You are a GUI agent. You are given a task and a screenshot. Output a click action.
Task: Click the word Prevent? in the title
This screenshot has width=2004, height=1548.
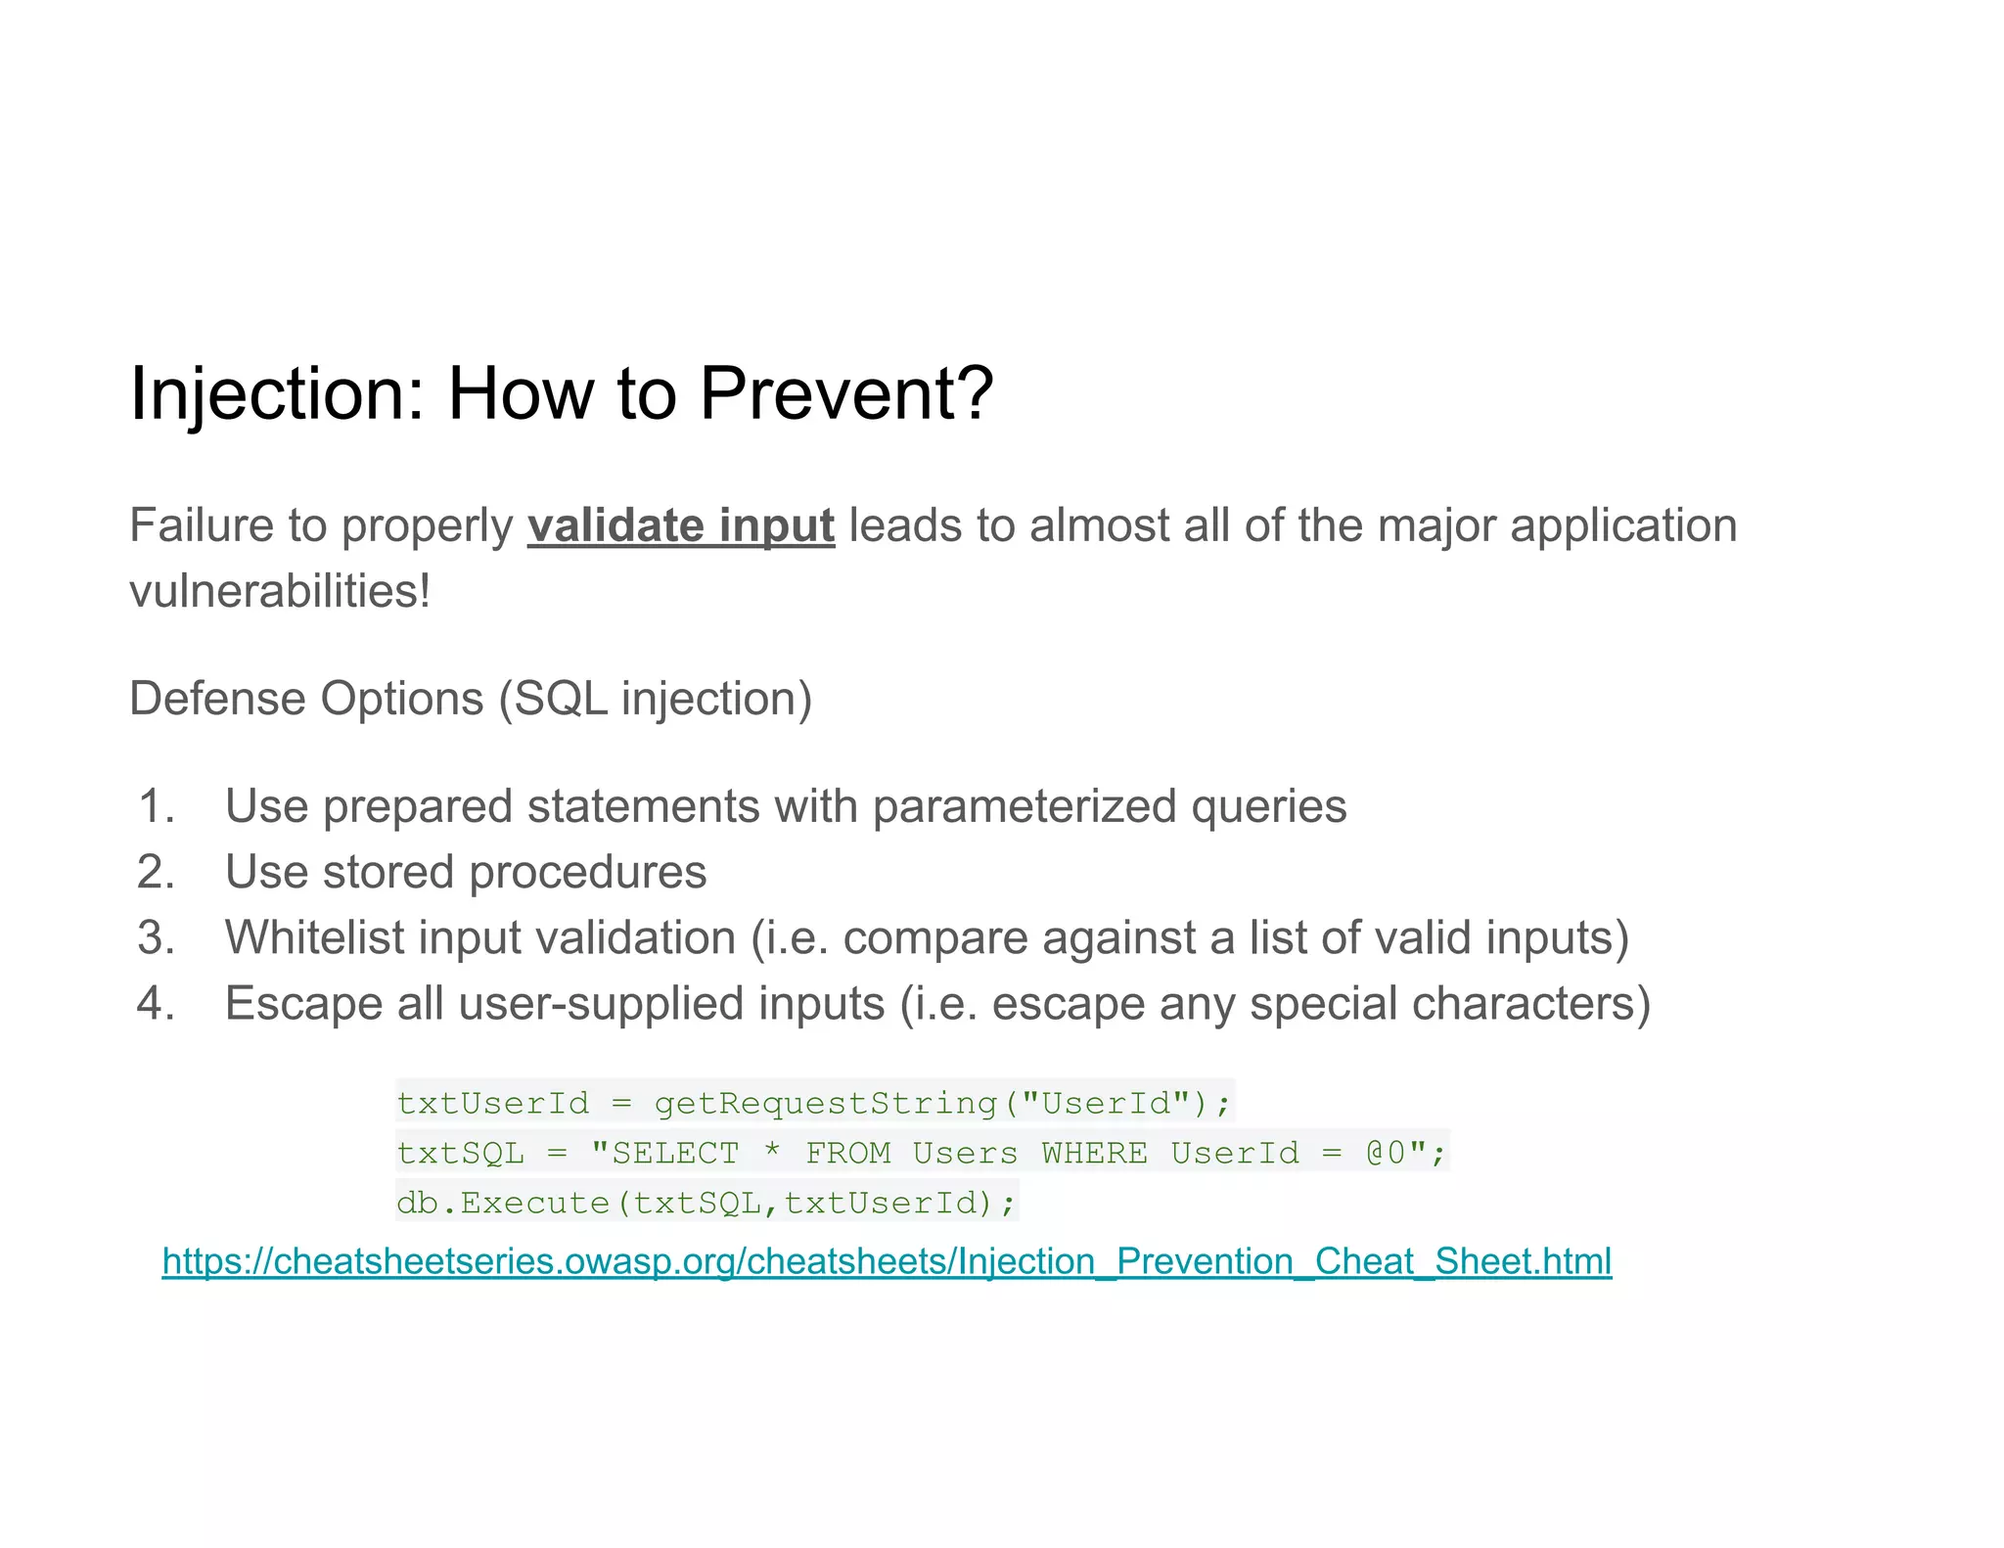[x=845, y=393]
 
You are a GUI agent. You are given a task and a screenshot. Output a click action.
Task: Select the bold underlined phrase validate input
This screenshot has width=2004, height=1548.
[x=681, y=525]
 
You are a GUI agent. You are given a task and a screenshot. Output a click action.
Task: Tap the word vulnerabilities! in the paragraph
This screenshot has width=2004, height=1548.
[x=280, y=591]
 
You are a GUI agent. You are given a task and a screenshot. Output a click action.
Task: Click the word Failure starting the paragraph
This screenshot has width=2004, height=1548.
[x=202, y=525]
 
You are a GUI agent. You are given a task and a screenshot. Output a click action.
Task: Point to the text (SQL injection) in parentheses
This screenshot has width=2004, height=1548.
[x=656, y=699]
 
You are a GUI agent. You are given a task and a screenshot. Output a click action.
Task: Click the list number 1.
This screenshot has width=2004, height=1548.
[x=157, y=806]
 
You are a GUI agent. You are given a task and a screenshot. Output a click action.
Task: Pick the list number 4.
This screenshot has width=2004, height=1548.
[x=157, y=1004]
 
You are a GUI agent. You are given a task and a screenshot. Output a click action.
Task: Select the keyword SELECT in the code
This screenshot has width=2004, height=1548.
[x=675, y=1154]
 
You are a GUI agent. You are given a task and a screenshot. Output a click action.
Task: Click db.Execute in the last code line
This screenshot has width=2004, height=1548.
[x=503, y=1203]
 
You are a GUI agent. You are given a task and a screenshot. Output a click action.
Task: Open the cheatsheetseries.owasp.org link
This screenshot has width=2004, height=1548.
[x=887, y=1261]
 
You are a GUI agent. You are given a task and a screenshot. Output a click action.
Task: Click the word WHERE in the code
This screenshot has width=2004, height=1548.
[x=1094, y=1154]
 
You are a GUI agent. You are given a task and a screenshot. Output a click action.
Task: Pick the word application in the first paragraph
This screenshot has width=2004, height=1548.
[x=1623, y=525]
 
